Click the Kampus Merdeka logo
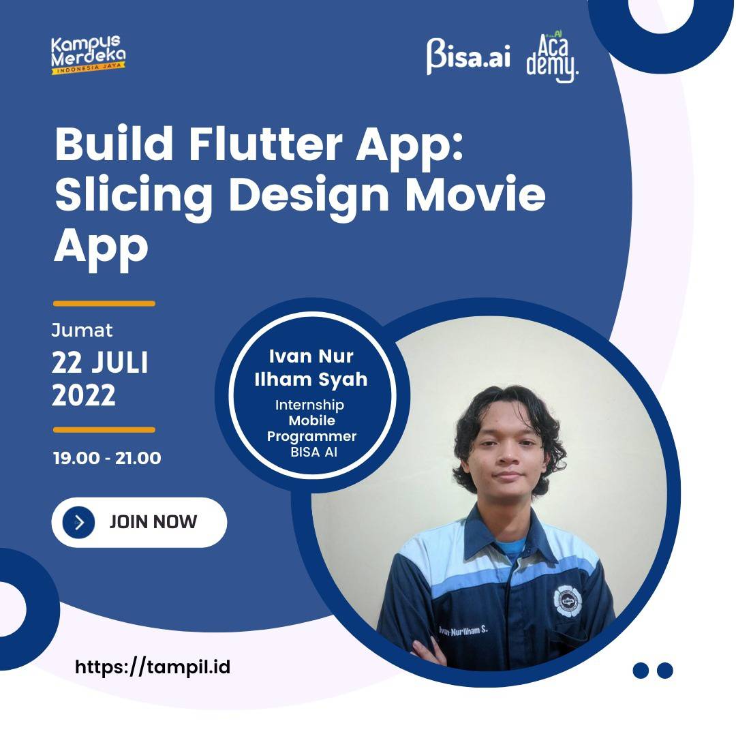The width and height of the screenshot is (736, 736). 88,55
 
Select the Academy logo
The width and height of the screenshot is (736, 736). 552,57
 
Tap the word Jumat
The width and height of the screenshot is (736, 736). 82,331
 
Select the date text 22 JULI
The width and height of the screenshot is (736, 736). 100,363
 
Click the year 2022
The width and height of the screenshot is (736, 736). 84,395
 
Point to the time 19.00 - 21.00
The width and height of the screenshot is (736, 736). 107,458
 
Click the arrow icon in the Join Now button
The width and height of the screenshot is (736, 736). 79,523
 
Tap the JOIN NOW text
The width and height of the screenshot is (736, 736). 153,522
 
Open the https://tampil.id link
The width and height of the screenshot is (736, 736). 153,667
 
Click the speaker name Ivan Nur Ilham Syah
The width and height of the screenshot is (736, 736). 311,368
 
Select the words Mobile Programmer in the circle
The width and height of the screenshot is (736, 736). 311,428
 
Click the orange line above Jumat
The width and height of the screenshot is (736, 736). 104,304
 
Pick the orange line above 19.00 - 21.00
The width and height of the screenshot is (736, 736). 104,429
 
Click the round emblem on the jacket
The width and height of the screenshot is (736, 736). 568,601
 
